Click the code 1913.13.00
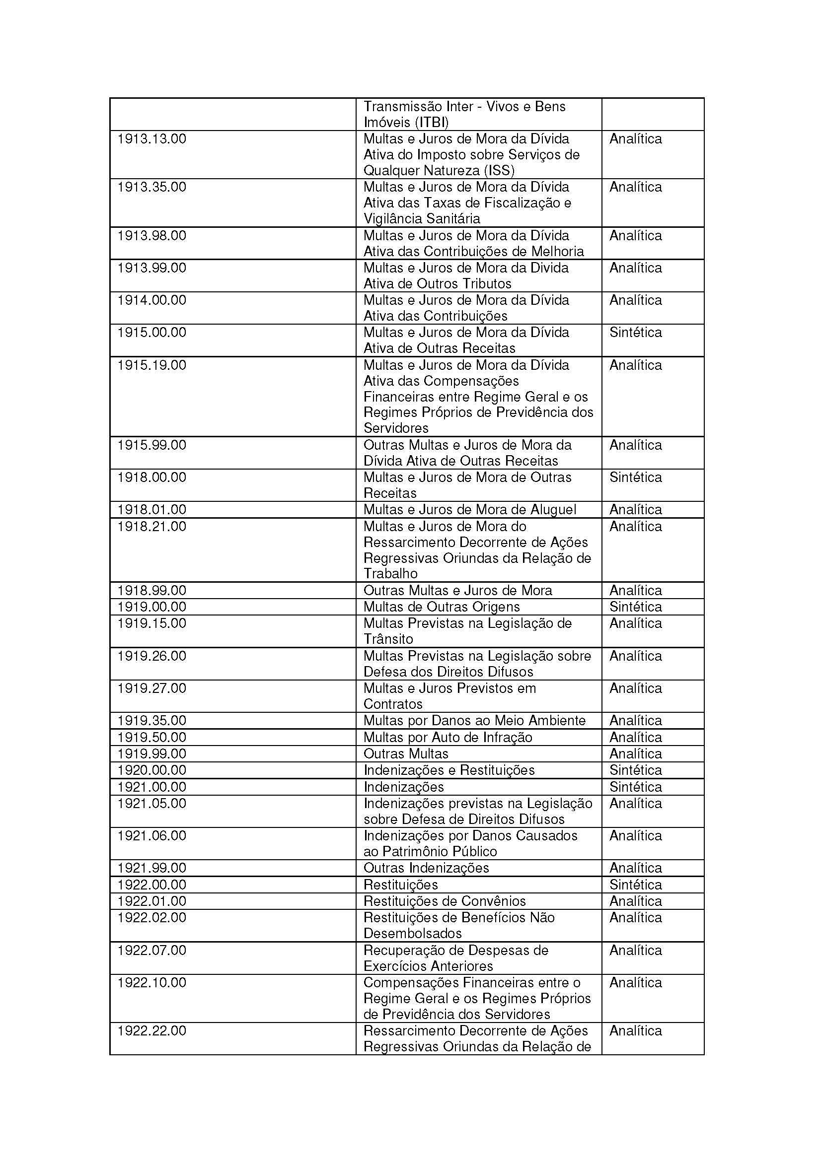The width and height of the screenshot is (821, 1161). (x=152, y=139)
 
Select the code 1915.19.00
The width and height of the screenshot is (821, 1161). (x=152, y=365)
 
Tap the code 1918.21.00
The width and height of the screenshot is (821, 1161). (x=152, y=526)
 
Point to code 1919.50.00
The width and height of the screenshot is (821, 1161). (x=152, y=737)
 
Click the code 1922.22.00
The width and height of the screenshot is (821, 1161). (x=152, y=1030)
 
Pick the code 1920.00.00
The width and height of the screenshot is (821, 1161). (x=152, y=770)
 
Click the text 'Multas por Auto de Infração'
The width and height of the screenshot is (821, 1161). (x=448, y=737)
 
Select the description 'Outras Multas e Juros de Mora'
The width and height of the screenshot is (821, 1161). (x=457, y=591)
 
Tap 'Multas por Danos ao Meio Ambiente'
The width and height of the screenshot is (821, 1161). (x=474, y=721)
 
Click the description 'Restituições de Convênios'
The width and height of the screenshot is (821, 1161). (x=444, y=901)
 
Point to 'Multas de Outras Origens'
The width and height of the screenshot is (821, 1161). (x=442, y=607)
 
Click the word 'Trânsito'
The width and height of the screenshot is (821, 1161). (x=388, y=639)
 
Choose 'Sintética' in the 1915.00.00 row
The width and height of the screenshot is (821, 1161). (x=635, y=333)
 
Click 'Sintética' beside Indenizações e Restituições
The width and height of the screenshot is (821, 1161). (x=635, y=770)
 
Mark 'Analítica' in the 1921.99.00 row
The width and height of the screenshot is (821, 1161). (x=635, y=868)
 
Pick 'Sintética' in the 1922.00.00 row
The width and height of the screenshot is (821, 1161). (x=635, y=885)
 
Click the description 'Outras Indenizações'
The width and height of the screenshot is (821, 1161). (x=426, y=868)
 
